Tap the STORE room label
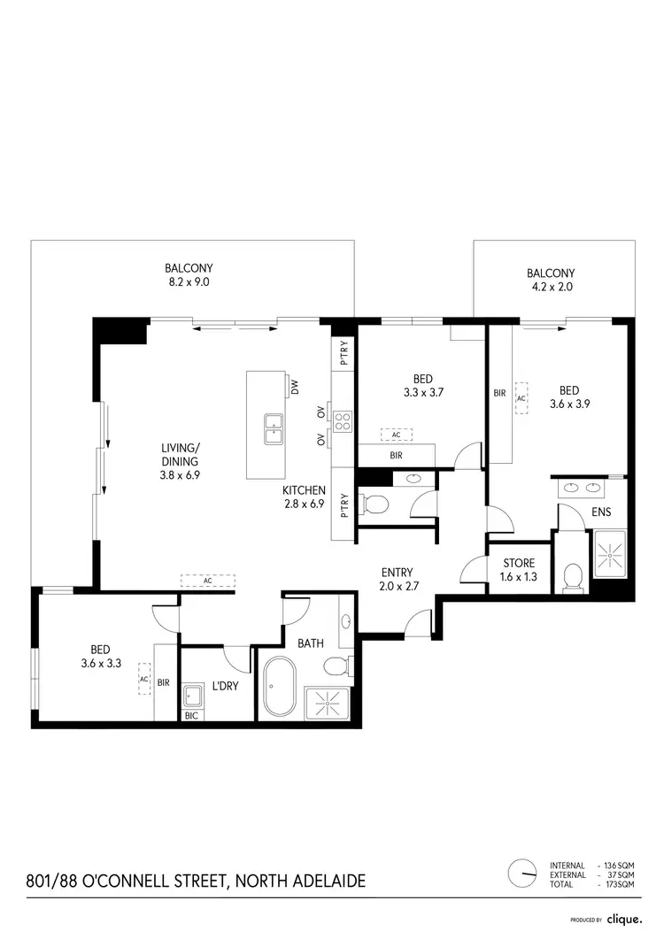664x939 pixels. point(518,563)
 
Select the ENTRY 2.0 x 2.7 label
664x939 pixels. point(398,579)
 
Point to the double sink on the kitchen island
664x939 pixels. point(273,429)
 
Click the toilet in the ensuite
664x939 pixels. point(572,578)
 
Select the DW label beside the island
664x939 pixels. point(296,387)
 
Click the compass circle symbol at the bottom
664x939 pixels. point(522,874)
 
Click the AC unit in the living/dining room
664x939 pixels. point(207,580)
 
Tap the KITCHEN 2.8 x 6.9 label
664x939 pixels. point(305,497)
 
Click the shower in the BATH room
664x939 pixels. point(328,703)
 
